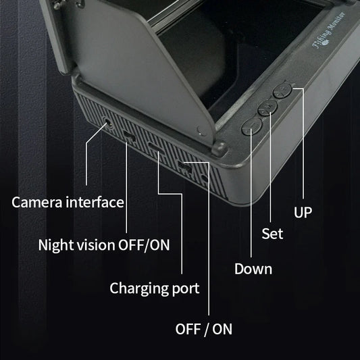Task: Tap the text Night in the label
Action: click(56, 245)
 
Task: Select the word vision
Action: click(96, 245)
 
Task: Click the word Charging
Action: click(138, 288)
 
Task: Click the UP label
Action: click(303, 213)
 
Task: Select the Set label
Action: click(272, 234)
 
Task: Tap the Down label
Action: click(253, 269)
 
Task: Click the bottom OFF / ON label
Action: click(203, 329)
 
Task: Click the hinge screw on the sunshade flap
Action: click(200, 128)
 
